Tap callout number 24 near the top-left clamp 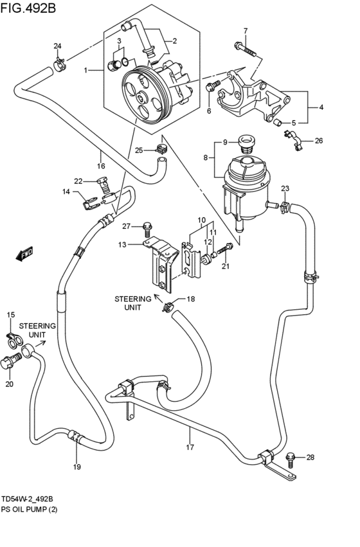57,46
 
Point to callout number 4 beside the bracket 321,107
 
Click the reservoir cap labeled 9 245,142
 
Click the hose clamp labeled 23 283,206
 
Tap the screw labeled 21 226,250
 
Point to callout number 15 10,315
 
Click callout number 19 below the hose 76,467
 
